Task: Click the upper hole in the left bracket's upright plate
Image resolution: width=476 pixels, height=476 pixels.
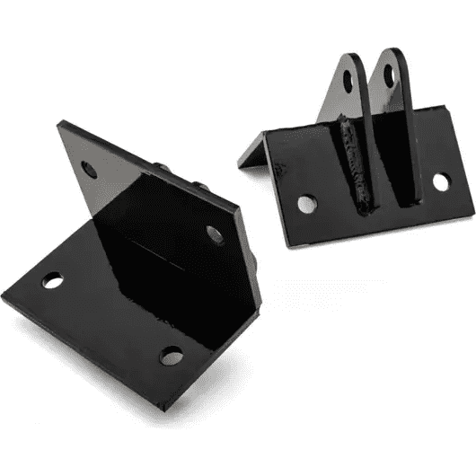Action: click(89, 168)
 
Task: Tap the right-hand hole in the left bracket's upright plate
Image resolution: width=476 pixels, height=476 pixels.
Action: click(215, 234)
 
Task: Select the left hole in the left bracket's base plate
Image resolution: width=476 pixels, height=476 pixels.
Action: click(52, 282)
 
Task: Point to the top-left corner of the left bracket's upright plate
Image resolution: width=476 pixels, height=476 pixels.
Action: click(60, 123)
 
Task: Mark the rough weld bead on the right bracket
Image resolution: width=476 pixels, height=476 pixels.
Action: click(355, 166)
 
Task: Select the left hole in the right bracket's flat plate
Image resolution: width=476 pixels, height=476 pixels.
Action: click(307, 204)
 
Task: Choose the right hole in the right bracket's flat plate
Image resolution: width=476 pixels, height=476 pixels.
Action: click(440, 182)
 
